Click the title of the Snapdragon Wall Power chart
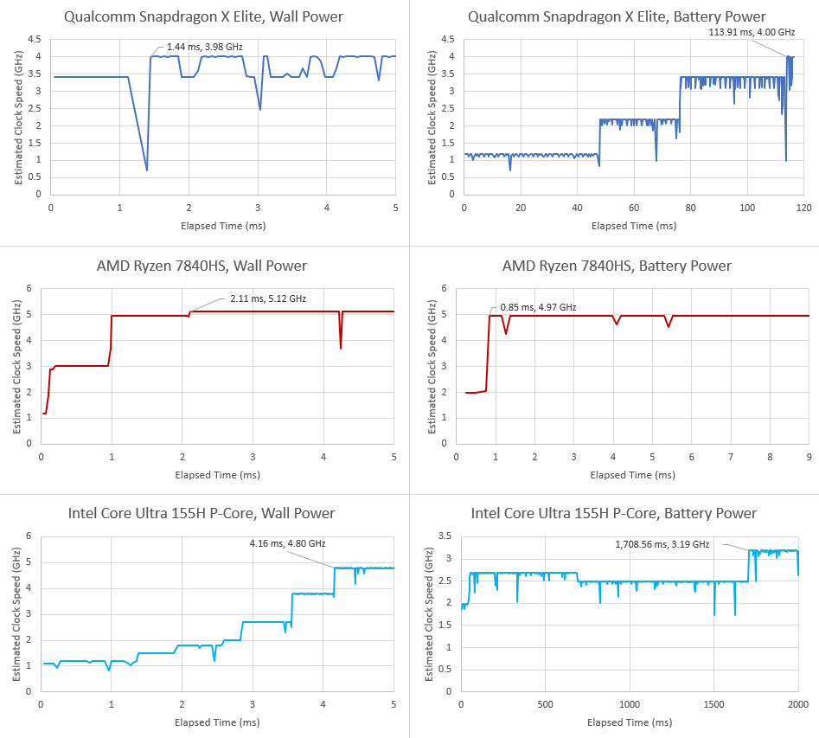tap(205, 16)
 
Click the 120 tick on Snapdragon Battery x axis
tap(804, 209)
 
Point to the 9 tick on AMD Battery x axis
tap(809, 457)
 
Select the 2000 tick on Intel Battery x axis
tap(797, 704)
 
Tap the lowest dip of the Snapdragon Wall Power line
tap(147, 170)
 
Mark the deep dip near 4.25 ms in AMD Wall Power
tap(341, 348)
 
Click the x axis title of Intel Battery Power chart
tap(630, 722)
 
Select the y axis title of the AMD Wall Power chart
tap(16, 365)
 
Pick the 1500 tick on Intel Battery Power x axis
tap(713, 704)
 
